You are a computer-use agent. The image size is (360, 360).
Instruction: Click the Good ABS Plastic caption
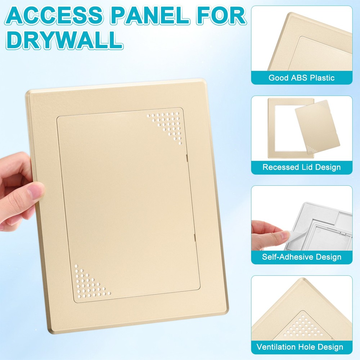point(301,78)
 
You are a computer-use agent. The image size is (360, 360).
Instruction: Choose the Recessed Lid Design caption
point(301,167)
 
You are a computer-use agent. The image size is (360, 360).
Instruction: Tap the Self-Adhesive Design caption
point(301,257)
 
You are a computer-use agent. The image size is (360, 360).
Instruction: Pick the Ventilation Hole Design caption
point(300,347)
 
